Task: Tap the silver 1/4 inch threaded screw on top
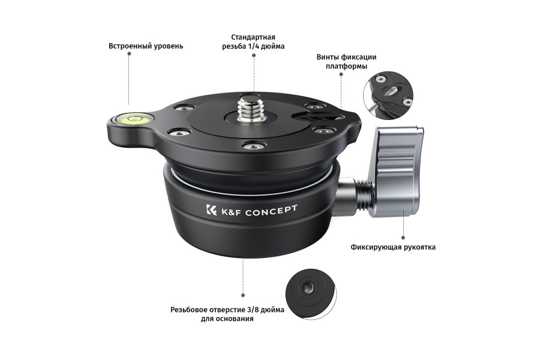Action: point(253,108)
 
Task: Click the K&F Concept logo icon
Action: point(211,209)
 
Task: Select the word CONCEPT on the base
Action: point(271,210)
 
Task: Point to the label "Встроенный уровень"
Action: point(146,46)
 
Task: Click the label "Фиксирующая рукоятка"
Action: point(393,247)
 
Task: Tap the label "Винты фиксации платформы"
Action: point(346,61)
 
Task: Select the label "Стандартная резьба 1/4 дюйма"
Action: point(253,41)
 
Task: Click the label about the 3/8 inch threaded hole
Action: point(227,314)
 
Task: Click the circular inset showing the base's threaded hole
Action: point(311,294)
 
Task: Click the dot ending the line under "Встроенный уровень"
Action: point(129,54)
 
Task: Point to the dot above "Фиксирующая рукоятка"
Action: point(403,238)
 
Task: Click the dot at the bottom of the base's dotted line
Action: point(243,295)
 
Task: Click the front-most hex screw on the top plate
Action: point(252,147)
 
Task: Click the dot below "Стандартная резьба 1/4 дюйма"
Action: point(254,55)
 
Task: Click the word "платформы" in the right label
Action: point(346,66)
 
